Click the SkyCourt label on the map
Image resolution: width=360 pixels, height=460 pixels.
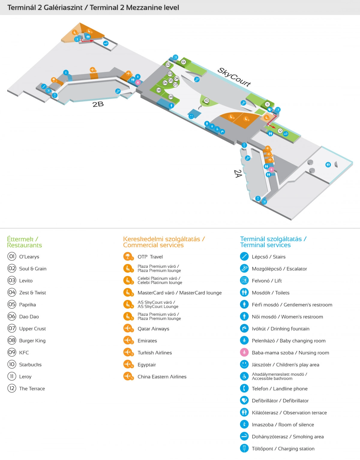point(234,77)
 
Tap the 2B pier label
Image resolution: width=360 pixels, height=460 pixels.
point(98,104)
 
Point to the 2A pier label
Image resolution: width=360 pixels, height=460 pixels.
point(238,173)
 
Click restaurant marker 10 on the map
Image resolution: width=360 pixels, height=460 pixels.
point(206,101)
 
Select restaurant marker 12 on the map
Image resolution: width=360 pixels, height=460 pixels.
point(280,131)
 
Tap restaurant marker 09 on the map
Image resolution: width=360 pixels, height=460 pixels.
point(171,97)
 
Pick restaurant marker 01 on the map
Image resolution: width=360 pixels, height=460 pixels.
point(183,62)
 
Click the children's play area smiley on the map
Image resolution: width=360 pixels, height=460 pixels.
point(191,117)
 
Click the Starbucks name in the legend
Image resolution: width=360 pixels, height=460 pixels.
point(30,365)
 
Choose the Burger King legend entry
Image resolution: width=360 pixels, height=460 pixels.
point(32,341)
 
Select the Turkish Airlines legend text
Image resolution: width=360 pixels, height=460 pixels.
point(154,353)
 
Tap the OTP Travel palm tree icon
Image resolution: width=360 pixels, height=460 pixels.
point(128,256)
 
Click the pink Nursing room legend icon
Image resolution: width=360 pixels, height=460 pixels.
point(244,352)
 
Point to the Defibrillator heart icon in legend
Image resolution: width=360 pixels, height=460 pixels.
point(244,400)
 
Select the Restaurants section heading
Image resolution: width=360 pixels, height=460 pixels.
point(24,242)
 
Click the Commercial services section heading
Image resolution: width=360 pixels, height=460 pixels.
point(163,242)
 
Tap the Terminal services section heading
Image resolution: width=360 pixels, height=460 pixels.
point(273,242)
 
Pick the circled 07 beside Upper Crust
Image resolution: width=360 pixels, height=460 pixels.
point(12,328)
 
